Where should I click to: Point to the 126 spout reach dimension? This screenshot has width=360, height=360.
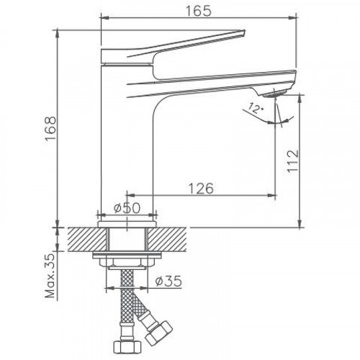tap(202, 188)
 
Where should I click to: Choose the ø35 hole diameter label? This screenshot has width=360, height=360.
tap(167, 282)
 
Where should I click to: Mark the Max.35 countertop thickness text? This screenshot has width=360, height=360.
tap(48, 277)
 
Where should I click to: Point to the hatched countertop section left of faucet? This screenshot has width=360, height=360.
tap(81, 237)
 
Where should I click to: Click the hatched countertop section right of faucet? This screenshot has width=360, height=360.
tap(174, 237)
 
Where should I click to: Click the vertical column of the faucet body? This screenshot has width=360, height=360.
tap(127, 144)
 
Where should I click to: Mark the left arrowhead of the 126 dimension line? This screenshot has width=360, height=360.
tap(130, 195)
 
